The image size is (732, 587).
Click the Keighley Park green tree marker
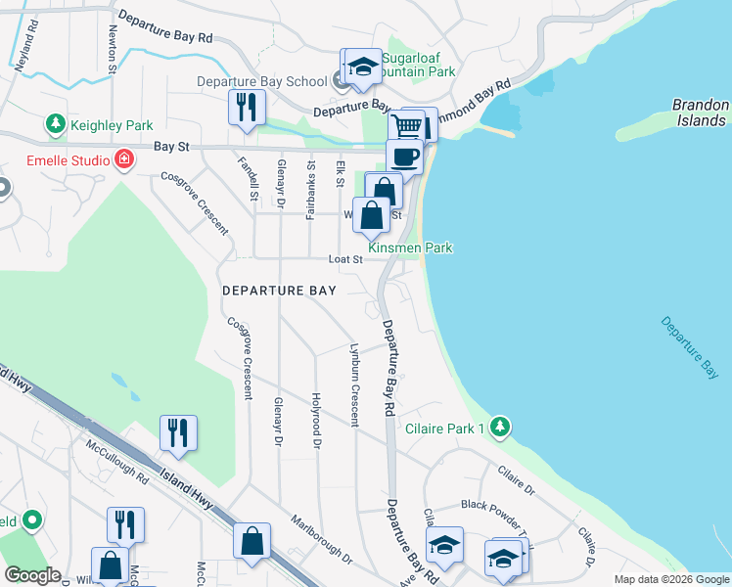[56, 125]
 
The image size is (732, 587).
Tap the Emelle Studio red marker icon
[123, 159]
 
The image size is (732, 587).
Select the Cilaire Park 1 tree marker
[500, 428]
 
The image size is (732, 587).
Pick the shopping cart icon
[408, 126]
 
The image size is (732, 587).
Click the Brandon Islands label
[700, 113]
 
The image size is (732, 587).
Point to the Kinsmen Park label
[424, 248]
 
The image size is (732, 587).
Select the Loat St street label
[345, 259]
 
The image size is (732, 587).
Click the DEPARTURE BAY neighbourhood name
[279, 291]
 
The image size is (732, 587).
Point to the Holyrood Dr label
[316, 415]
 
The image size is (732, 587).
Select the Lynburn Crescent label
[354, 384]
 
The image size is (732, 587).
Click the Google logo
[31, 575]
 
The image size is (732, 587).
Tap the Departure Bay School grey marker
[342, 81]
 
